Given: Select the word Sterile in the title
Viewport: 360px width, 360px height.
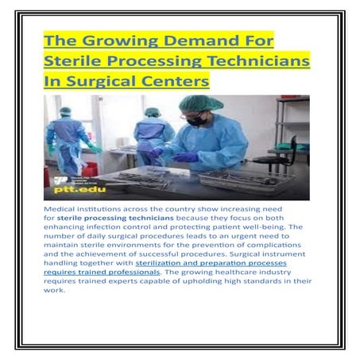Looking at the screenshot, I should click(x=76, y=61).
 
